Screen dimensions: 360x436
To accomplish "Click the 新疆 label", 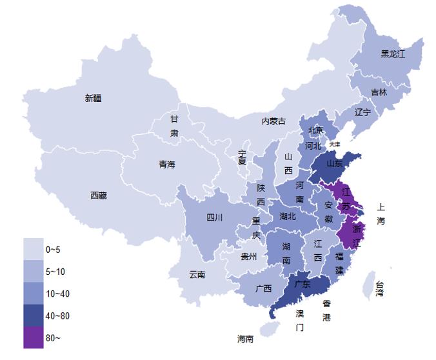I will (x=93, y=98).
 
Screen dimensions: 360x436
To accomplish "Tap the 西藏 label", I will (x=99, y=195).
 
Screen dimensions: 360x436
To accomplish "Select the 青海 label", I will (x=166, y=165).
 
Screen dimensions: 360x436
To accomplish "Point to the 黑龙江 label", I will (x=393, y=54).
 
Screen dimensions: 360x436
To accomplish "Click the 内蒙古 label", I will (x=273, y=121).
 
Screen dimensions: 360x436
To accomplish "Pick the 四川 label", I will (x=214, y=217).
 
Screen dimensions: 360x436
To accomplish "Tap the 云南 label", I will (x=197, y=274).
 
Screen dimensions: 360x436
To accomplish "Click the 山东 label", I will (x=334, y=164).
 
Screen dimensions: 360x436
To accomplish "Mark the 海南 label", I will (x=245, y=338).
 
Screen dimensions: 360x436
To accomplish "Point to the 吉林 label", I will (x=379, y=92).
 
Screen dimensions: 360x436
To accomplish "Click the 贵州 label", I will (x=248, y=257).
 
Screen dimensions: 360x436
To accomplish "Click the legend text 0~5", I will (x=54, y=249).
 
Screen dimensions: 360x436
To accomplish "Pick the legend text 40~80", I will (x=57, y=315).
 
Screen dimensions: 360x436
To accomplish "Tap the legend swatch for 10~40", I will (x=34, y=294).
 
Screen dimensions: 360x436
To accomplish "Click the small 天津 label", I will (x=334, y=145).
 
